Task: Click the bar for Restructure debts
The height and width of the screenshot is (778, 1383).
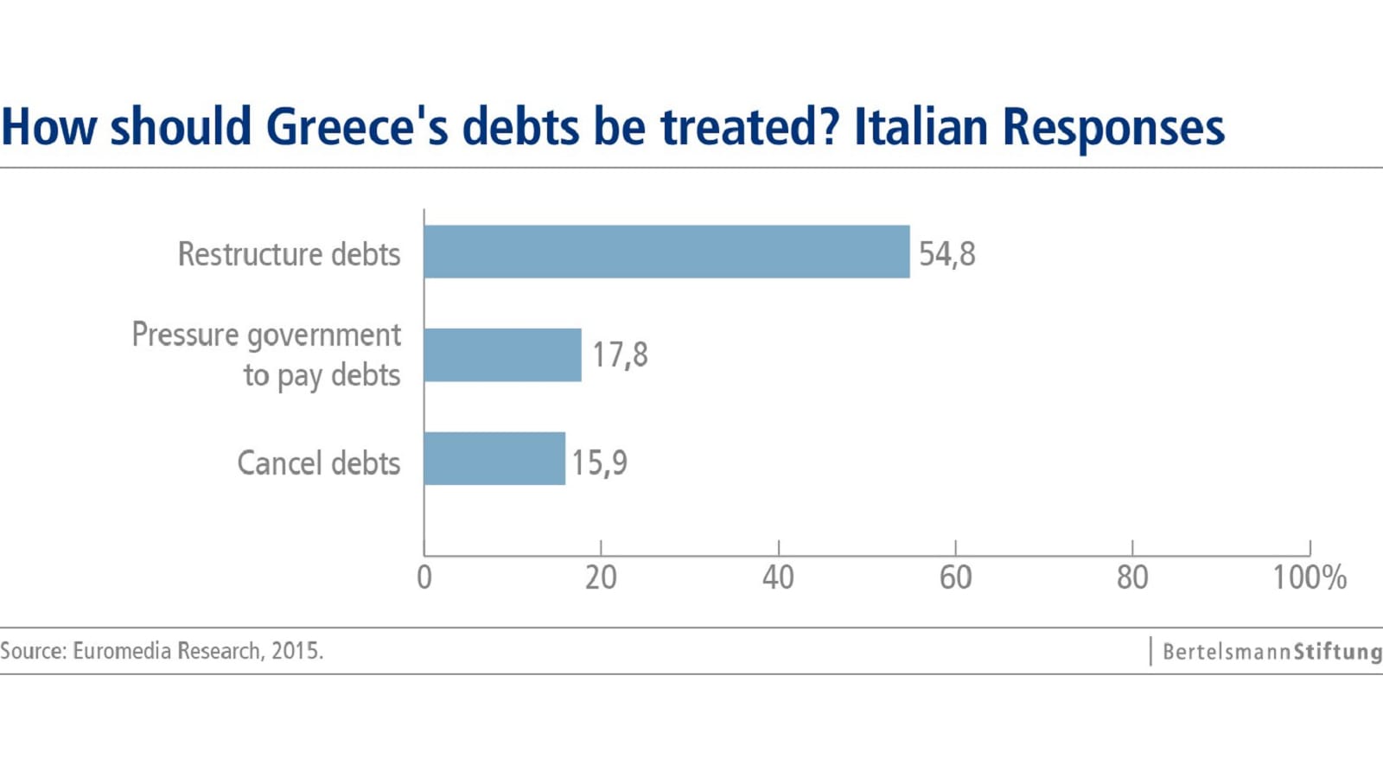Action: tap(666, 252)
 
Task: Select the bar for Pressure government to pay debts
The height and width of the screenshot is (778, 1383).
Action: tap(502, 355)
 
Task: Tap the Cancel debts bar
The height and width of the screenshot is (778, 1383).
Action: tap(494, 459)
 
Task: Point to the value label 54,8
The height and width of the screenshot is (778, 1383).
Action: tap(946, 254)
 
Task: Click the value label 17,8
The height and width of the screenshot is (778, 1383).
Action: tap(619, 354)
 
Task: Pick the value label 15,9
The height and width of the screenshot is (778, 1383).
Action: tap(599, 462)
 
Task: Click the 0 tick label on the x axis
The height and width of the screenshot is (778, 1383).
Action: tap(424, 577)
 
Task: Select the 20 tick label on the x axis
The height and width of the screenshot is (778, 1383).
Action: tap(601, 577)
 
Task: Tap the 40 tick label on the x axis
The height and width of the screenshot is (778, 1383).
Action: tap(778, 577)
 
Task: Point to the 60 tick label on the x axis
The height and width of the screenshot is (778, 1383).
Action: tap(955, 577)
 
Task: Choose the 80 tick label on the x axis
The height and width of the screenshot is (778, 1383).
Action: tap(1132, 577)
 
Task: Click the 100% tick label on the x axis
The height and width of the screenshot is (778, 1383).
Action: tap(1309, 577)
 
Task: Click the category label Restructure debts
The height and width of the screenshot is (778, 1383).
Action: tap(289, 254)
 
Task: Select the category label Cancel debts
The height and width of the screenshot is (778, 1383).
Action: tap(318, 463)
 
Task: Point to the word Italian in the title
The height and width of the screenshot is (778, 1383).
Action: tap(921, 127)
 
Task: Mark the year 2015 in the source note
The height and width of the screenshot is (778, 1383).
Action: tap(296, 651)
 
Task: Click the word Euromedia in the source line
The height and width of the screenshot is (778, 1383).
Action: tap(122, 651)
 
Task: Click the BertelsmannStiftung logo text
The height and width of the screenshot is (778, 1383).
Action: tap(1271, 652)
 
